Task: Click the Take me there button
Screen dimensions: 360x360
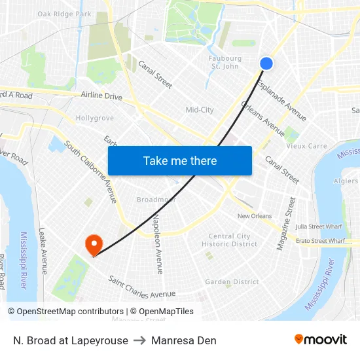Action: click(x=180, y=161)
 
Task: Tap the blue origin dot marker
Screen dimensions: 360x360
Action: click(x=266, y=63)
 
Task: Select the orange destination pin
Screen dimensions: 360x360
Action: click(x=94, y=245)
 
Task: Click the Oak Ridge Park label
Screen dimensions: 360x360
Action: click(x=64, y=14)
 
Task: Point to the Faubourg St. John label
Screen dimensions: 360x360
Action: click(x=225, y=62)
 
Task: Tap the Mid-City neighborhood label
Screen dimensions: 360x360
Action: click(x=200, y=110)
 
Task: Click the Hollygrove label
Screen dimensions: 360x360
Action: click(x=95, y=118)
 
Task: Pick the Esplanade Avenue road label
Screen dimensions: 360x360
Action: click(x=281, y=101)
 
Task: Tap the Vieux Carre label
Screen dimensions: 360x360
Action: click(x=306, y=146)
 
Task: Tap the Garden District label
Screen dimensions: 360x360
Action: click(x=232, y=282)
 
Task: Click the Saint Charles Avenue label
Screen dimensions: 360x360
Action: click(x=142, y=287)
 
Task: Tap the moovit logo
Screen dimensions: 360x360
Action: click(x=320, y=340)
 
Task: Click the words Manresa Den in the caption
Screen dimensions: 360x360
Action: click(x=183, y=340)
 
